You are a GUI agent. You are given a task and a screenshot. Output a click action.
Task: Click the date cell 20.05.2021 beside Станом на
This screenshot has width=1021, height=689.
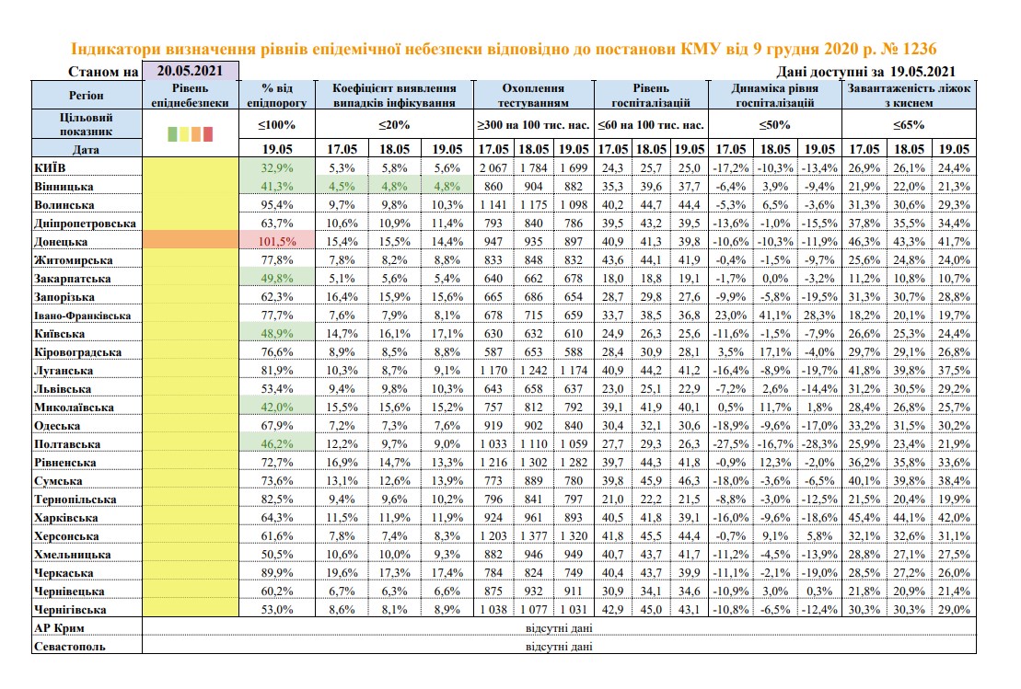(190, 71)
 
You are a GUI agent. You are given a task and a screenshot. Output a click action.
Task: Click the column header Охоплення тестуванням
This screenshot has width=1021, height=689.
(533, 95)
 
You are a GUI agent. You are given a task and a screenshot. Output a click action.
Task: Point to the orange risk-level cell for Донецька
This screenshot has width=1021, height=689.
(190, 242)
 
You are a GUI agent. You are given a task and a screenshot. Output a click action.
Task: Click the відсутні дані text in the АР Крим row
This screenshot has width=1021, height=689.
(558, 628)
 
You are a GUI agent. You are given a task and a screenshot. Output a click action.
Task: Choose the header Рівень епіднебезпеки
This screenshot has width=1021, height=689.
(190, 95)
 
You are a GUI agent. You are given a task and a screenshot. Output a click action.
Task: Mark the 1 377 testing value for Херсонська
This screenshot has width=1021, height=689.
(534, 536)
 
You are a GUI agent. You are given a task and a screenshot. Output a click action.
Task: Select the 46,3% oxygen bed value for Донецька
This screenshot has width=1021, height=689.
(864, 242)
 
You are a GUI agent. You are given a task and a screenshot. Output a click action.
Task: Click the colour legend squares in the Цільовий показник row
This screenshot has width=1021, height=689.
(190, 133)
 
